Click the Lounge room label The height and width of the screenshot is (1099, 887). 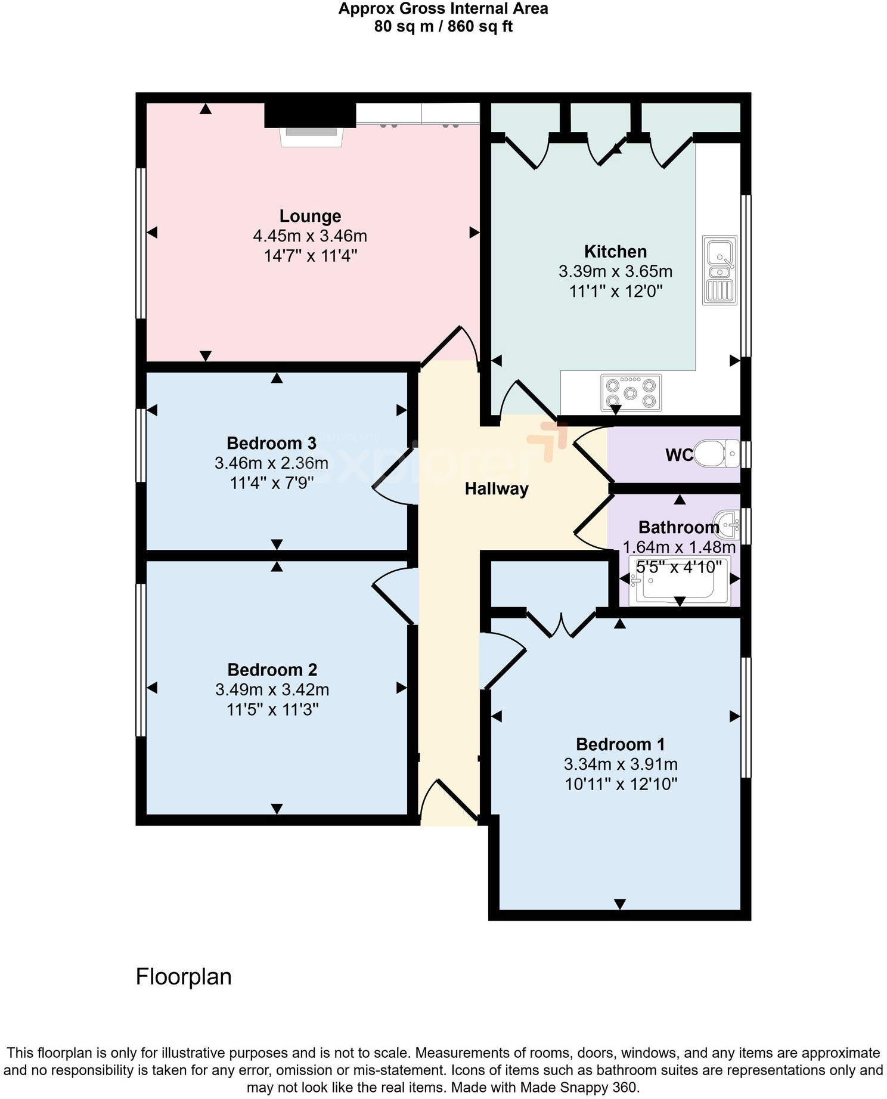point(310,216)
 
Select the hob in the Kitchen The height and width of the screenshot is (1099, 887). point(631,392)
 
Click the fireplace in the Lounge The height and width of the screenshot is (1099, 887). point(311,136)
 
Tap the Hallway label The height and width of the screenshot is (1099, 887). point(497,489)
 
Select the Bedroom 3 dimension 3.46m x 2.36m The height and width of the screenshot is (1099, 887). point(271,463)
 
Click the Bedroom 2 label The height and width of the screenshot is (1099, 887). point(272,670)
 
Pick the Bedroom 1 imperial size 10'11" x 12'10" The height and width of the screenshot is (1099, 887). point(621,784)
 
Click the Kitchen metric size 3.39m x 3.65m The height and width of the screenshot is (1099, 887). point(615,271)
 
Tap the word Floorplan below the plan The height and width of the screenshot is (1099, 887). point(184,977)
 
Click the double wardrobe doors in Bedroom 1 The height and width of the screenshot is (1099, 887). point(561,624)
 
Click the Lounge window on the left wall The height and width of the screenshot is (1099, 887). point(141,243)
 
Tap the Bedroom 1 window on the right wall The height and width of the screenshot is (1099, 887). point(745,717)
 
